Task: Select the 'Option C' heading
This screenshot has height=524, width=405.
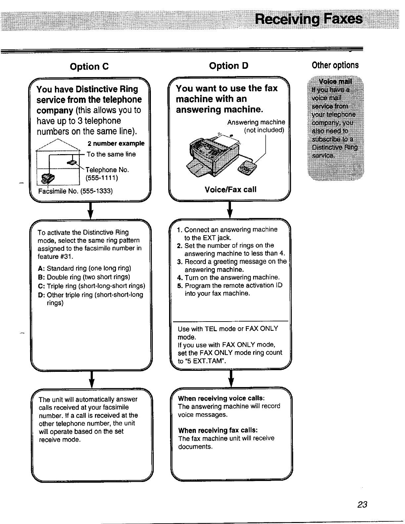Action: click(x=89, y=66)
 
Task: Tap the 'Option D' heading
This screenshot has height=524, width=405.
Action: click(x=228, y=66)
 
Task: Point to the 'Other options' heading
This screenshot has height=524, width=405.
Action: click(x=335, y=65)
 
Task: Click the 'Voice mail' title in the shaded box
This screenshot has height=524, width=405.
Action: click(x=335, y=82)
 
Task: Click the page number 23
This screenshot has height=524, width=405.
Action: click(x=362, y=504)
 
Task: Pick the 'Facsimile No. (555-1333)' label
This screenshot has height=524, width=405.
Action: click(x=75, y=191)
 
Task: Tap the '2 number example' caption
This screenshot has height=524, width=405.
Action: click(x=116, y=144)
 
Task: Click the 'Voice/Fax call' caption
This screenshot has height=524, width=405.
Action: click(x=230, y=190)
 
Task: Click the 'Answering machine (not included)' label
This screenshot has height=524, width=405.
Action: click(x=256, y=126)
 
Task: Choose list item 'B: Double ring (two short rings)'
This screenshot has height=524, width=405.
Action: click(x=84, y=277)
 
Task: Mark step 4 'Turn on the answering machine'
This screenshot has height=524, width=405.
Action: click(x=229, y=277)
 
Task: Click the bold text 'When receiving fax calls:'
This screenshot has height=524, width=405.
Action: click(x=218, y=430)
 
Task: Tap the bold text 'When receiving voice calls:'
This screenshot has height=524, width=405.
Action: click(x=221, y=398)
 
